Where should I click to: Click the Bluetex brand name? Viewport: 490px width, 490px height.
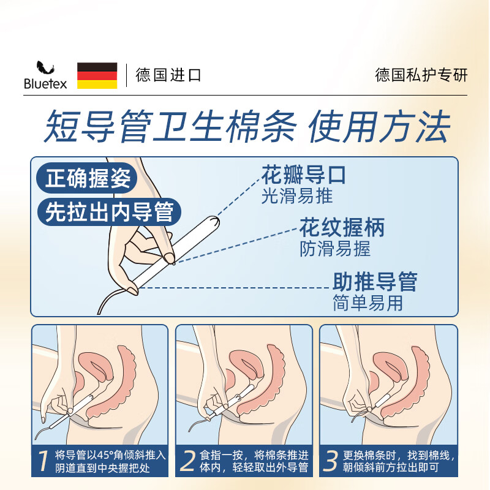click(45, 84)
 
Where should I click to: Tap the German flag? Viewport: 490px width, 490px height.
click(97, 75)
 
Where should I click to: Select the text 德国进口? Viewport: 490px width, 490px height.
click(168, 75)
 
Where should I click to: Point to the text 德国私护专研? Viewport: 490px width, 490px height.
click(421, 75)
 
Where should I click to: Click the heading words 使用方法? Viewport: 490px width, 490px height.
click(379, 126)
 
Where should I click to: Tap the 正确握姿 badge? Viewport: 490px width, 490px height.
click(87, 178)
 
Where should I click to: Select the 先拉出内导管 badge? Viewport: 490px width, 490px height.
click(109, 212)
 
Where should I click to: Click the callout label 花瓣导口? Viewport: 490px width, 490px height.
click(303, 175)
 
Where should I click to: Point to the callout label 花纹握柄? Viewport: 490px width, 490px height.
click(342, 227)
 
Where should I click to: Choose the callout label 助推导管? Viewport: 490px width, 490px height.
click(375, 282)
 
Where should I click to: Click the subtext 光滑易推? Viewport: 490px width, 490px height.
click(297, 196)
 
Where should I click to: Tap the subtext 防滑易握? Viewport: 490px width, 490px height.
click(335, 249)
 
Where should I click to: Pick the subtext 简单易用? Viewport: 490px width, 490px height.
click(368, 303)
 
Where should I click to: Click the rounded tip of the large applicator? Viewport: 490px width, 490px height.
click(215, 221)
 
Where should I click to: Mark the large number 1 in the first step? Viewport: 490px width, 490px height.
click(43, 461)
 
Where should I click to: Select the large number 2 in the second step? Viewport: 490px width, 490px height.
click(188, 461)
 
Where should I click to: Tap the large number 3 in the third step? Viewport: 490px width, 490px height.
click(330, 461)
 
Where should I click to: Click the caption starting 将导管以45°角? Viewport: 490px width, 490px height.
click(110, 461)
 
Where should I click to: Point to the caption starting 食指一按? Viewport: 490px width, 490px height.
click(254, 461)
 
